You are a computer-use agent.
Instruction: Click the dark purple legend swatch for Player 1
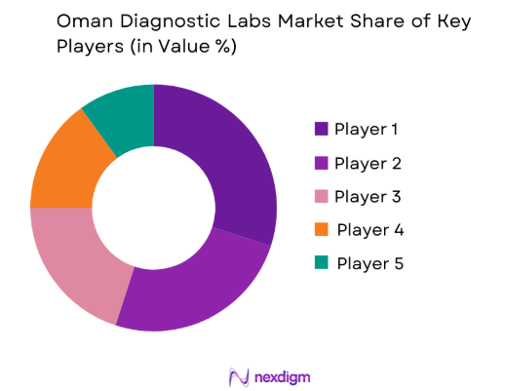pyautogui.click(x=321, y=129)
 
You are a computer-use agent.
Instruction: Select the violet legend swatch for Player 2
pyautogui.click(x=321, y=163)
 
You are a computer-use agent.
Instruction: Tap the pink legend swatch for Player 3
pyautogui.click(x=321, y=196)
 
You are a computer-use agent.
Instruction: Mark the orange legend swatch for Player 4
pyautogui.click(x=321, y=230)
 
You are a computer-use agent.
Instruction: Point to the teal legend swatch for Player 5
pyautogui.click(x=321, y=263)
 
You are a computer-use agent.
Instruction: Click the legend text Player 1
pyautogui.click(x=366, y=129)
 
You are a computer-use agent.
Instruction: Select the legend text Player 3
pyautogui.click(x=368, y=196)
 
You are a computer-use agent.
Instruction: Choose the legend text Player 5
pyautogui.click(x=369, y=263)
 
